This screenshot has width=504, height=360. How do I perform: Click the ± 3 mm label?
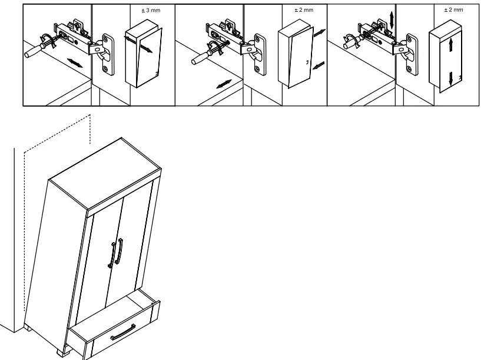coord(150,11)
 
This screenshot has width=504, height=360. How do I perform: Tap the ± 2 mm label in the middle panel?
coord(304,10)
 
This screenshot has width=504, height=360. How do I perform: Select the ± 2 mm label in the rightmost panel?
coord(453,10)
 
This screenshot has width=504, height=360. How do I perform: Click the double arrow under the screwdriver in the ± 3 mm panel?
coord(75,62)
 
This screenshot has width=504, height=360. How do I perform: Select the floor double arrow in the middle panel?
coord(224,84)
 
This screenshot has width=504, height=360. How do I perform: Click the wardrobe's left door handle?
coord(111,255)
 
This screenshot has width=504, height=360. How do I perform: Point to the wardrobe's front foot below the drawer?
coord(62,354)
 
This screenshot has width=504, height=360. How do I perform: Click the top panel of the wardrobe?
coord(105,173)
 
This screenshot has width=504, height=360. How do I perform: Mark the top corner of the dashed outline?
coord(90,115)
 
